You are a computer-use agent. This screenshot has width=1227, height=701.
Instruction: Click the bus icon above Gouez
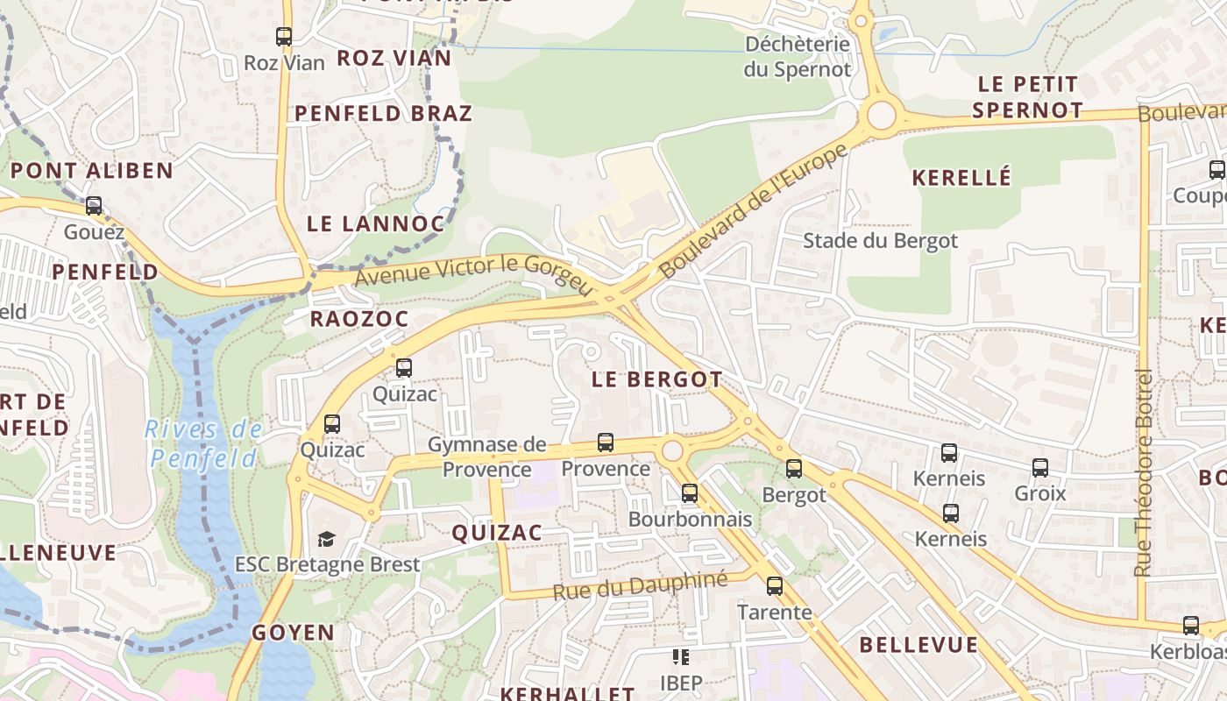coord(94,206)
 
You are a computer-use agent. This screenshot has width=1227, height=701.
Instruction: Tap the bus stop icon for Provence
coord(606,443)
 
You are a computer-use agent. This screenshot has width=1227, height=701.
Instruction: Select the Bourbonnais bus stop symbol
coord(690,493)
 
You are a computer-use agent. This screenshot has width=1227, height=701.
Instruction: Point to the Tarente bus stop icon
coord(775,586)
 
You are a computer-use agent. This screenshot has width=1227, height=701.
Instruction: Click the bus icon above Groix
coord(1040,468)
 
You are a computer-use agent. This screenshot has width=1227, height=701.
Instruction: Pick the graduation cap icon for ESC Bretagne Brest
coord(327,539)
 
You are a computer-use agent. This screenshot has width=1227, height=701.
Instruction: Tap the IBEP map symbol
coord(681,657)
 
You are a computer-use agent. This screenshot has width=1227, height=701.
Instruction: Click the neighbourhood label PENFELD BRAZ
coord(383,113)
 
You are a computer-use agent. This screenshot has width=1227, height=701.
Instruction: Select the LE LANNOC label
coord(376,223)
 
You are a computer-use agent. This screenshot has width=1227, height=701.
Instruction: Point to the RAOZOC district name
coord(359,319)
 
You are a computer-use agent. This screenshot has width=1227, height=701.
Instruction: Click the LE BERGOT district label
coord(656,379)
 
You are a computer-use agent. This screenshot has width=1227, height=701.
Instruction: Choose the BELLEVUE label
coord(918,645)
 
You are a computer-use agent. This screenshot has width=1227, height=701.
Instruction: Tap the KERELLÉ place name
coord(961,178)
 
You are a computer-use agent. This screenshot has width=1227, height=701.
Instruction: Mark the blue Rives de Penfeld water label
coord(204,443)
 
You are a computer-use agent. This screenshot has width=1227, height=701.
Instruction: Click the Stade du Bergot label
coord(880,241)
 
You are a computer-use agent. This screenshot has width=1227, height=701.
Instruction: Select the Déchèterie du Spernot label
coord(798,56)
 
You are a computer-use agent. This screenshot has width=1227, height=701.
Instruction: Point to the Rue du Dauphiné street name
coord(640,585)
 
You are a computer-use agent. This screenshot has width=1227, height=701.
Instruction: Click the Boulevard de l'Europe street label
coord(753,211)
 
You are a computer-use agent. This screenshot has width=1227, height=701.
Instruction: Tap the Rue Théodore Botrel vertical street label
coord(1142,473)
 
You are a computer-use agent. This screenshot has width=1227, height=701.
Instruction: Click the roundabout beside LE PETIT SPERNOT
coord(882,115)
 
